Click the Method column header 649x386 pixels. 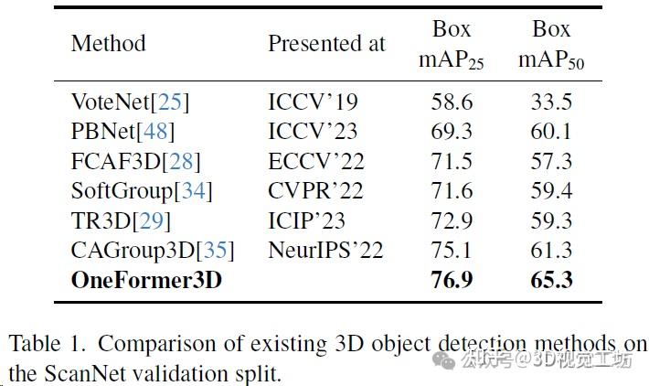pyautogui.click(x=108, y=44)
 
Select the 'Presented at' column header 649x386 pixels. pyautogui.click(x=326, y=44)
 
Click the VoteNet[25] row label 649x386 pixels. pyautogui.click(x=130, y=102)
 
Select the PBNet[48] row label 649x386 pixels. pyautogui.click(x=122, y=131)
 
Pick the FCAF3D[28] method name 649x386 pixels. pyautogui.click(x=135, y=161)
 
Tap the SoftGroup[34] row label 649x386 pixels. pyautogui.click(x=142, y=190)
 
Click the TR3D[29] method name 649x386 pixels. pyautogui.click(x=120, y=220)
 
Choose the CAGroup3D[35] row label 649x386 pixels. pyautogui.click(x=153, y=250)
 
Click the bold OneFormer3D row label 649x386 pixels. pyautogui.click(x=146, y=280)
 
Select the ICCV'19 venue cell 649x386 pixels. pyautogui.click(x=313, y=102)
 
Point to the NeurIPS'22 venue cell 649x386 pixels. pyautogui.click(x=325, y=250)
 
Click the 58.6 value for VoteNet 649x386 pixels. pyautogui.click(x=452, y=102)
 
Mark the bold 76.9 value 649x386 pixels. pyautogui.click(x=452, y=280)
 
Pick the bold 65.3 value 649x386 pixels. pyautogui.click(x=551, y=280)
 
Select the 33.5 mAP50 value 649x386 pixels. pyautogui.click(x=551, y=102)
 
